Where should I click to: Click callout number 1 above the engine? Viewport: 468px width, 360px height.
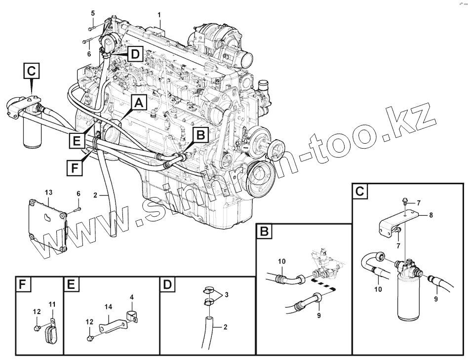tap(159, 14)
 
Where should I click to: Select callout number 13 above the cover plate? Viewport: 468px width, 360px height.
tap(48, 192)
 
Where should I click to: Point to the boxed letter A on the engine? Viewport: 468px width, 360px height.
tap(139, 103)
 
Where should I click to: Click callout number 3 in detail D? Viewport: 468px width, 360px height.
tap(226, 295)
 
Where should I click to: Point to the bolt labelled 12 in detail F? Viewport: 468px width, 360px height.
tap(38, 328)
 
